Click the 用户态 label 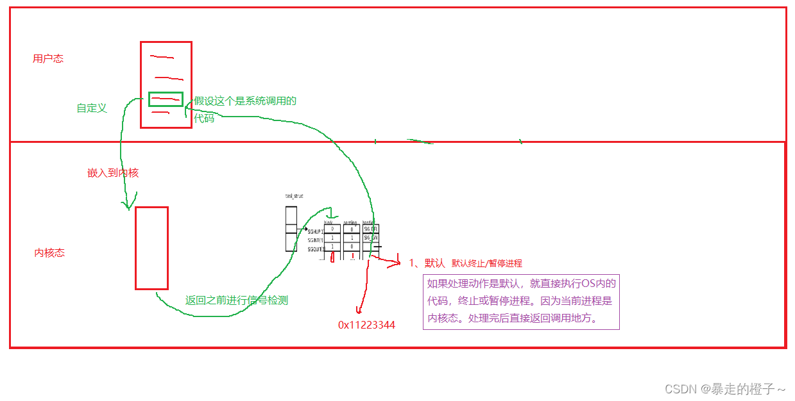coord(48,59)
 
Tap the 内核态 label coord(49,253)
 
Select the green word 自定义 coord(92,108)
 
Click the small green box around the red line coord(166,99)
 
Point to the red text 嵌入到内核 coord(113,173)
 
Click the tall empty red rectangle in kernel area coord(151,248)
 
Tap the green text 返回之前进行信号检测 coord(237,300)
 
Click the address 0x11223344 coord(366,325)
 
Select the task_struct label coord(294,195)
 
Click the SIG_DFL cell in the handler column coord(370,229)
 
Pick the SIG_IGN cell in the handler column coord(370,238)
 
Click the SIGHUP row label coord(315,231)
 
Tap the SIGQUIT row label coord(315,248)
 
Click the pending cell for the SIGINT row coord(352,238)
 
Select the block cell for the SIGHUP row coord(332,229)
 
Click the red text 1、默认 coord(427,263)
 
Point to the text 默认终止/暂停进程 coord(487,263)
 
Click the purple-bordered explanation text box coord(521,302)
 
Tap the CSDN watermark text coord(724,389)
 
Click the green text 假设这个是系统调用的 coord(245,101)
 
